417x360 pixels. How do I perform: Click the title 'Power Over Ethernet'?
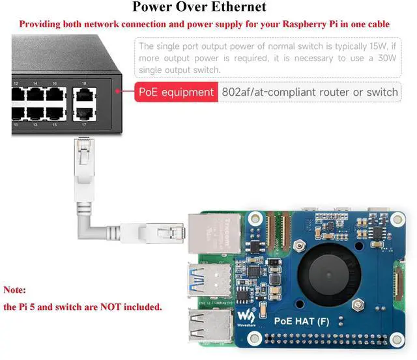pos(199,8)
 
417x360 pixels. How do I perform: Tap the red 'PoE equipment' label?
pos(175,92)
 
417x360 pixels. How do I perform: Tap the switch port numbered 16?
pos(55,96)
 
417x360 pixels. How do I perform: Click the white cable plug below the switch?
pos(82,152)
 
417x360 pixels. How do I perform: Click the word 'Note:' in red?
pos(15,290)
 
